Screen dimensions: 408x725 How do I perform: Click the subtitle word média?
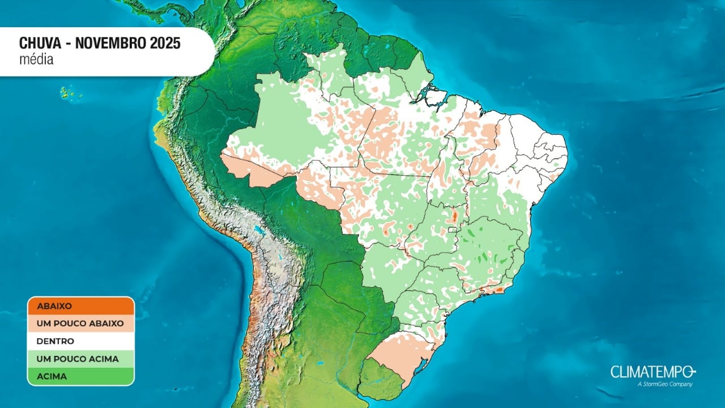(36, 59)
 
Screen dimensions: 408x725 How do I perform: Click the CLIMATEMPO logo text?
(651, 372)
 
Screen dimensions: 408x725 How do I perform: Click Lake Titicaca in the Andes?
(260, 231)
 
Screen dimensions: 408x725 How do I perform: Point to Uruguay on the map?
(381, 380)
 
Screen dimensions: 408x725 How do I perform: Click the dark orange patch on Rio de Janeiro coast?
(498, 290)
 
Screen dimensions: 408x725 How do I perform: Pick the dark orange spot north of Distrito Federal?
(454, 216)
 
